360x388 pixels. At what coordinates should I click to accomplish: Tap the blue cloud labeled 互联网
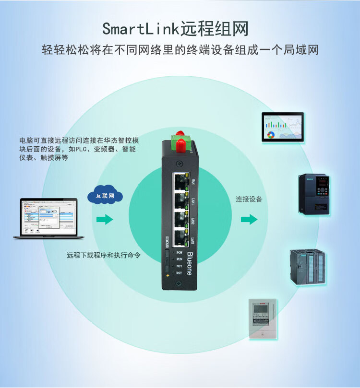tap(105, 196)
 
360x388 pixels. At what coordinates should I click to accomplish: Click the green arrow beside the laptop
tap(104, 220)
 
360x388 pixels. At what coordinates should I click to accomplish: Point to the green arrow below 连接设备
tap(249, 220)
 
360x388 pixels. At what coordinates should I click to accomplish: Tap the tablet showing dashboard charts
tap(283, 127)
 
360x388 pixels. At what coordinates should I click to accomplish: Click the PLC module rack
tap(307, 267)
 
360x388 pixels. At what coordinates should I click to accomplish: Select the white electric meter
tap(264, 319)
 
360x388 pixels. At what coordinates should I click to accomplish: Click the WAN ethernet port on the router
tap(180, 181)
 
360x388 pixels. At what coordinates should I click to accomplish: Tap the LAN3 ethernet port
tap(180, 237)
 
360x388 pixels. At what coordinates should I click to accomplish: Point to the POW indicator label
tap(179, 252)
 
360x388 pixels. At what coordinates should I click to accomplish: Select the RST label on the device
tap(179, 273)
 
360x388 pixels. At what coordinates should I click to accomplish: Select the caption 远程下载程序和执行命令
tap(104, 255)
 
